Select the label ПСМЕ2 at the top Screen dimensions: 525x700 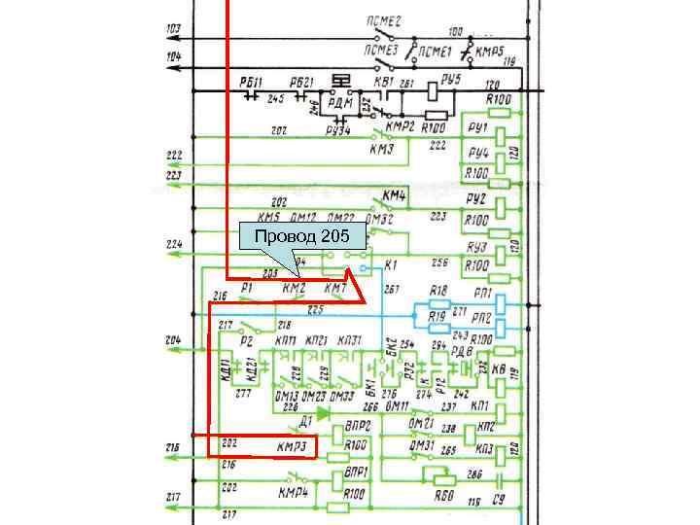click(384, 21)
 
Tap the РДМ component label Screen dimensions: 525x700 click(340, 102)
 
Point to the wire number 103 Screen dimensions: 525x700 click(173, 28)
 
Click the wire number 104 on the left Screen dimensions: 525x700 click(173, 57)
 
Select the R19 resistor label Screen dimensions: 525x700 click(438, 317)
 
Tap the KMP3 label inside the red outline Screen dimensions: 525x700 click(293, 446)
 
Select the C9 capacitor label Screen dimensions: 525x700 click(499, 502)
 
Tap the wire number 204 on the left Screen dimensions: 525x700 click(173, 340)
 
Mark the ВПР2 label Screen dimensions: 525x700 click(358, 426)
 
